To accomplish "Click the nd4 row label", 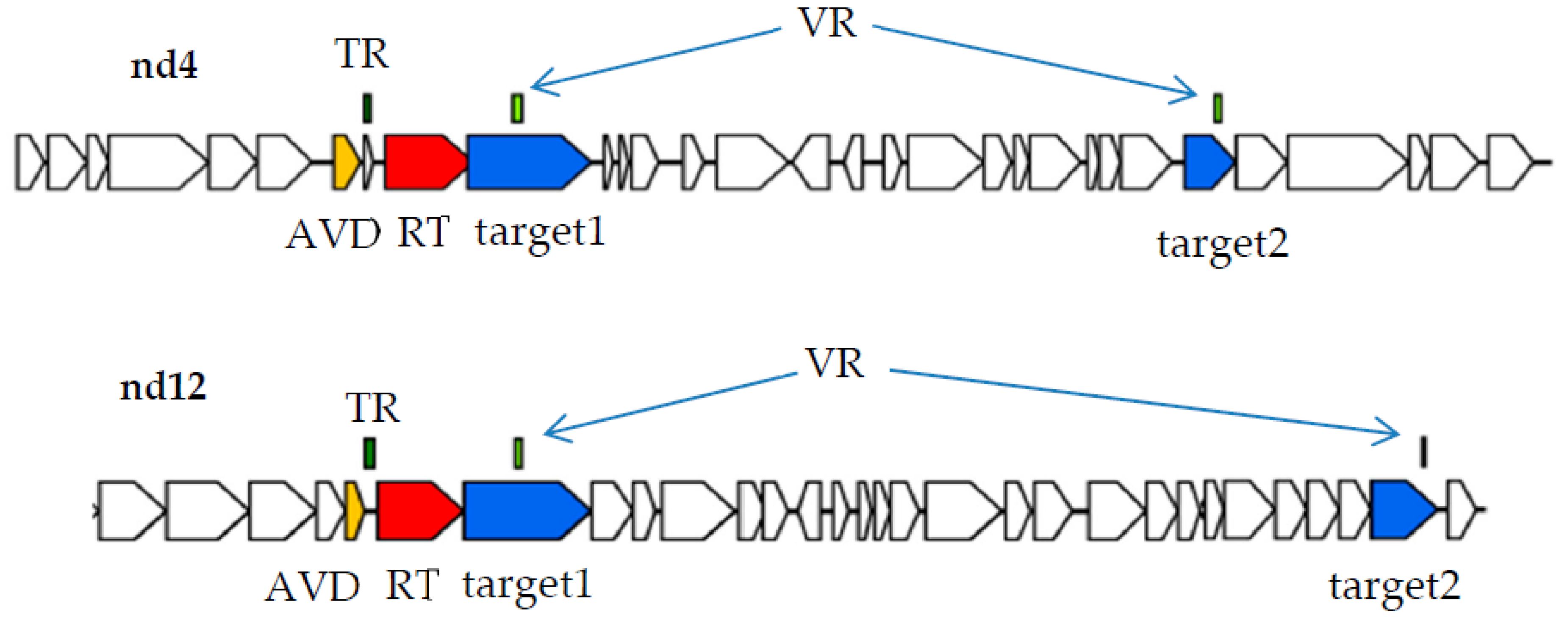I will pos(164,65).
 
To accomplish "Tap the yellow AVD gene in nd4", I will pos(345,162).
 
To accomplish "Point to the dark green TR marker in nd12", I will pos(369,453).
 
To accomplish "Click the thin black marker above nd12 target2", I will pos(1423,452).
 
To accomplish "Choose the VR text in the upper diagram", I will pos(827,24).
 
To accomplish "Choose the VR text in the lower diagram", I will pos(835,364).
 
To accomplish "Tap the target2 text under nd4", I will pos(1223,245).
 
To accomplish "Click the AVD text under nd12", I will pos(313,587).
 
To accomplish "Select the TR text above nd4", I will pos(362,55).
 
